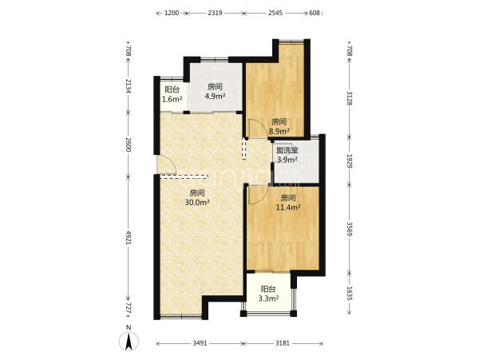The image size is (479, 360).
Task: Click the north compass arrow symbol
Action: pyautogui.click(x=129, y=341)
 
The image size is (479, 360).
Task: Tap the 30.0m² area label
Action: pyautogui.click(x=197, y=202)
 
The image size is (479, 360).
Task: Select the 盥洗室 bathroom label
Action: pyautogui.click(x=287, y=150)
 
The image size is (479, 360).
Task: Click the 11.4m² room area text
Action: pyautogui.click(x=288, y=208)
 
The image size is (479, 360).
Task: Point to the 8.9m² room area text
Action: pyautogui.click(x=279, y=132)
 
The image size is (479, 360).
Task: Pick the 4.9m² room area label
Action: pyautogui.click(x=215, y=96)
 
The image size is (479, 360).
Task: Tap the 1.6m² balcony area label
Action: pyautogui.click(x=172, y=99)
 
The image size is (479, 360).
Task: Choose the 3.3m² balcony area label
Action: pyautogui.click(x=268, y=299)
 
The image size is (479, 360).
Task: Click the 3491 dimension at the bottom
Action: pyautogui.click(x=200, y=343)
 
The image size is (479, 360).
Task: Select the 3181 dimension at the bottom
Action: pyautogui.click(x=283, y=343)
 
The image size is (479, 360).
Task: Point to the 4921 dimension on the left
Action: pyautogui.click(x=129, y=237)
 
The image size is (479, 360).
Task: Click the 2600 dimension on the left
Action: pyautogui.click(x=129, y=144)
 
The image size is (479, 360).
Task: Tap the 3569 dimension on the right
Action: pyautogui.click(x=350, y=229)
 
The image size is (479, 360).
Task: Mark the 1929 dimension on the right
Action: pyautogui.click(x=350, y=160)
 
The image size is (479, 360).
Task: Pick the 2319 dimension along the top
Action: pyautogui.click(x=215, y=13)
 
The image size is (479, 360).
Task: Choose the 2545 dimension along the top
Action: pyautogui.click(x=275, y=13)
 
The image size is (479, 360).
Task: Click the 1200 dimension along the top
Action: pyautogui.click(x=172, y=13)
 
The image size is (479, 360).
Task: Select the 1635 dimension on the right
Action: pyautogui.click(x=350, y=293)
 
